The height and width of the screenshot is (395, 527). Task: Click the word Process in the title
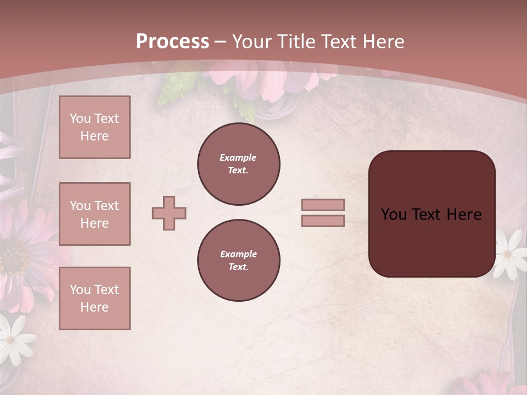click(172, 42)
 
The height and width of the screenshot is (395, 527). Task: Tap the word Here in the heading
click(383, 42)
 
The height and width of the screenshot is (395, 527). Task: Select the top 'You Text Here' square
click(94, 127)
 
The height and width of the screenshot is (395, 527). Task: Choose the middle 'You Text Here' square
click(94, 214)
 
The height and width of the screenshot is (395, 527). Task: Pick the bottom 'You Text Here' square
click(94, 298)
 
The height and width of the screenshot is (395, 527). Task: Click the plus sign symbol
click(169, 213)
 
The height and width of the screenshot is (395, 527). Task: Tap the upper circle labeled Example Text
click(238, 164)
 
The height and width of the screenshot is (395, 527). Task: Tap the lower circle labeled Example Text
click(238, 261)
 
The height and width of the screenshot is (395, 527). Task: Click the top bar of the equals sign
click(323, 205)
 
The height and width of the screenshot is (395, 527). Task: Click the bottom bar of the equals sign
click(323, 221)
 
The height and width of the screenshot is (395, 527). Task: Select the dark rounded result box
click(431, 214)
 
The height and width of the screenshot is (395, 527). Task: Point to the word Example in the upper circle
click(238, 157)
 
